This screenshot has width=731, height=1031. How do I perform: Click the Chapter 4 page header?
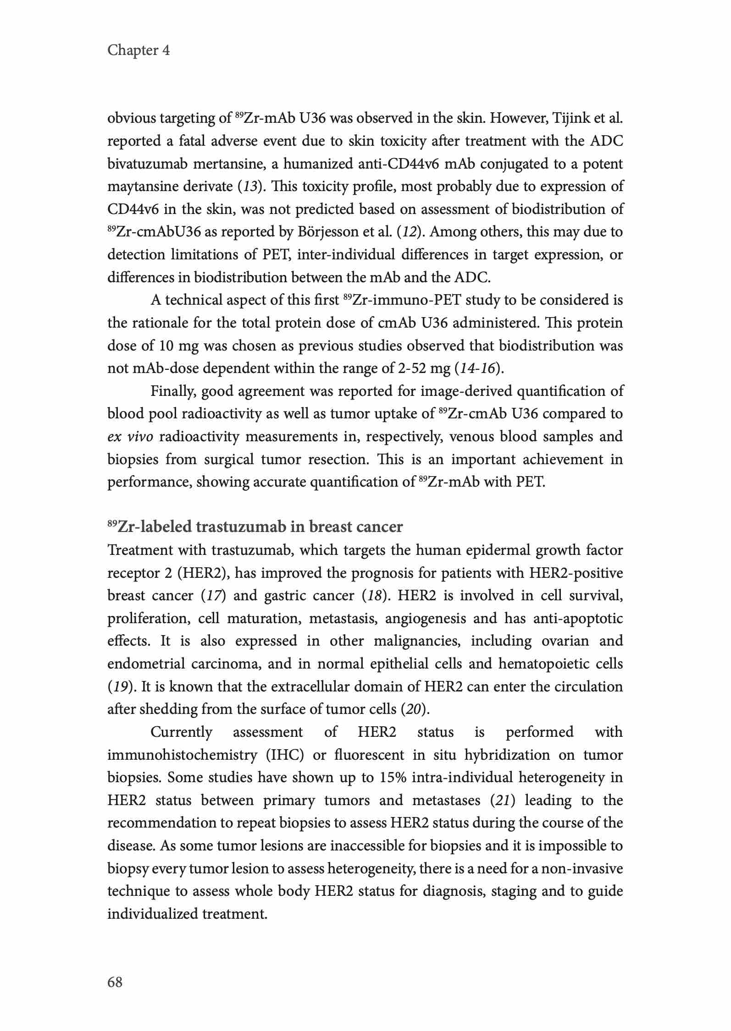pos(138,50)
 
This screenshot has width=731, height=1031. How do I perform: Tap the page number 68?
pos(115,982)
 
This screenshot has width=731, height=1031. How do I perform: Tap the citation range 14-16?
pos(476,368)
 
